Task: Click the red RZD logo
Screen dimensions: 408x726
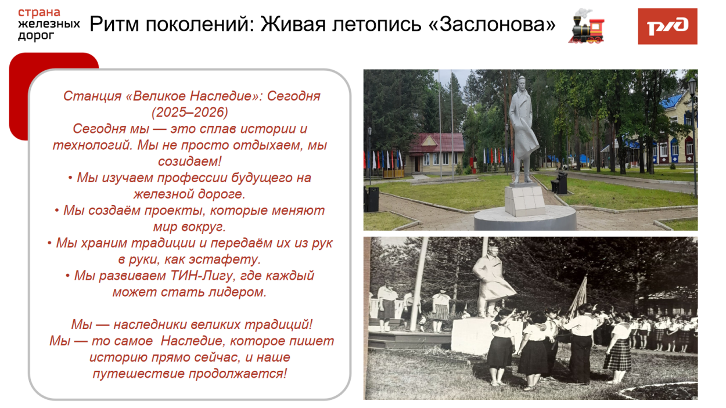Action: (x=667, y=26)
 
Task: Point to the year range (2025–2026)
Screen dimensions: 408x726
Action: (x=190, y=111)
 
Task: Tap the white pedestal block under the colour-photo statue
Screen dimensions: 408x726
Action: (x=524, y=200)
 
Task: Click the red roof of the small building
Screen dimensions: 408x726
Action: (x=436, y=142)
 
